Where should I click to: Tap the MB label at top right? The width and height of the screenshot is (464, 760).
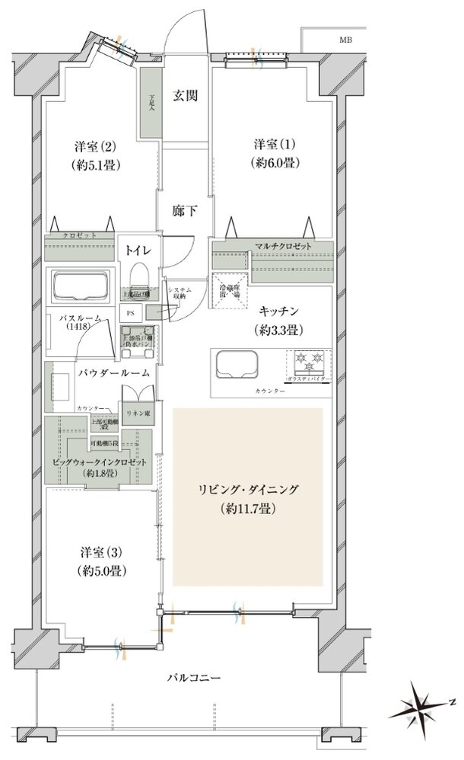(x=345, y=39)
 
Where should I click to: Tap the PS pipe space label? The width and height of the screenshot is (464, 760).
(x=130, y=311)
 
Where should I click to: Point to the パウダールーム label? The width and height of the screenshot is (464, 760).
(x=113, y=373)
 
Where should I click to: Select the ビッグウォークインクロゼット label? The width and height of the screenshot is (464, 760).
(x=99, y=463)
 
